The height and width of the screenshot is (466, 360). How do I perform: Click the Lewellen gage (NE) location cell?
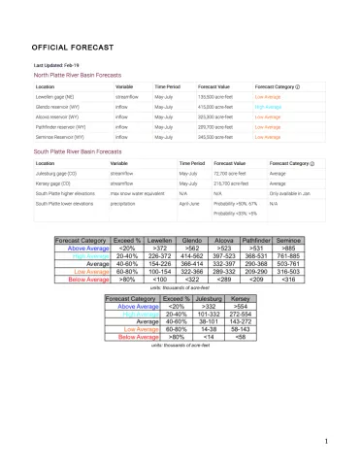point(57,98)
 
